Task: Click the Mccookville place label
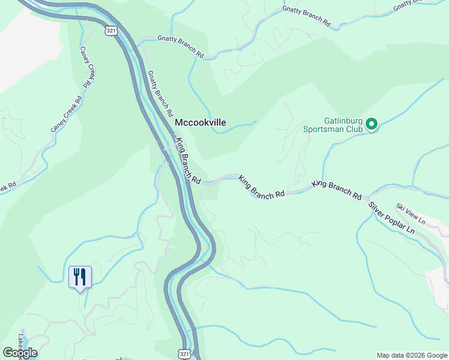[x=200, y=122]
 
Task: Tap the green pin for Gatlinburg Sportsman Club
[x=372, y=124]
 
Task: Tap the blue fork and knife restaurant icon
[x=80, y=277]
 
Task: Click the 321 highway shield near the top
[x=110, y=30]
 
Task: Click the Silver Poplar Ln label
[x=391, y=218]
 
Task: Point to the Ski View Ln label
[x=410, y=214]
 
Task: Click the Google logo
[x=20, y=352]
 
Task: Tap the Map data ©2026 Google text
[x=411, y=355]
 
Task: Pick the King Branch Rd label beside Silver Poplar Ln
[x=337, y=190]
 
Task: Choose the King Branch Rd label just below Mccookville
[x=187, y=161]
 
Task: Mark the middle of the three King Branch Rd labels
[x=261, y=187]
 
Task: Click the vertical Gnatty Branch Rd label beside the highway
[x=160, y=93]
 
